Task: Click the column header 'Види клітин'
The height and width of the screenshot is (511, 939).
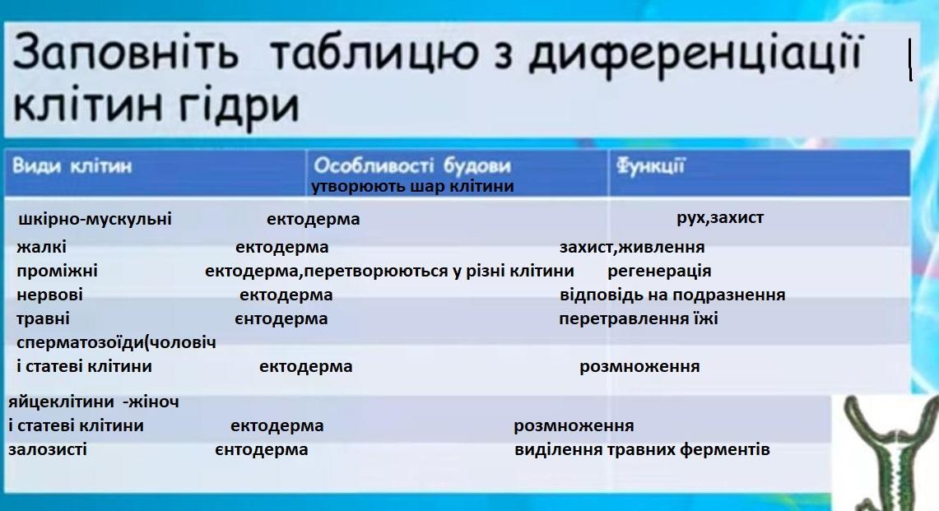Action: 72,165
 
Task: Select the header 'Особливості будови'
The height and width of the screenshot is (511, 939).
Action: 412,165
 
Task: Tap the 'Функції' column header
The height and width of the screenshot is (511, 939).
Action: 650,166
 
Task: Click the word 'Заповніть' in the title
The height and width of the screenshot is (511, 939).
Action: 126,53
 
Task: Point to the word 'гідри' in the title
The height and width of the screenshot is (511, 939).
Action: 238,107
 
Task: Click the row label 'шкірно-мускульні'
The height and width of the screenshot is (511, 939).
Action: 95,219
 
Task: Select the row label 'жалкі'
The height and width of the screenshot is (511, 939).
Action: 41,247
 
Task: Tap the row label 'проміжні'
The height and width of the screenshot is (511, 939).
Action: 57,271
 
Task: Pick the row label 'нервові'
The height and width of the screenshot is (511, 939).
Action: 49,295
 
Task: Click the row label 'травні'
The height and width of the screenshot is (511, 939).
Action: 43,318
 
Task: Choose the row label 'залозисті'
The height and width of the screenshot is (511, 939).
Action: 47,449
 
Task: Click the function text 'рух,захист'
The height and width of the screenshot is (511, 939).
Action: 720,217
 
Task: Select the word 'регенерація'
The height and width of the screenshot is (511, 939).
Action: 659,271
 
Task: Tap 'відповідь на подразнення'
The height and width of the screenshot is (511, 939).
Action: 672,295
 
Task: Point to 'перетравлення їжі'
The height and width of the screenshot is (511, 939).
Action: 639,318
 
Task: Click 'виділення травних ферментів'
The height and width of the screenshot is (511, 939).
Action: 642,449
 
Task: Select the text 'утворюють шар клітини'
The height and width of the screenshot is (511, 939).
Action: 412,186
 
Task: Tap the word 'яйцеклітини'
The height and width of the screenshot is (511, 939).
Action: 61,402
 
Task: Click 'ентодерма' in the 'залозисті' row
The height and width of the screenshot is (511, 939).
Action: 261,449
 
